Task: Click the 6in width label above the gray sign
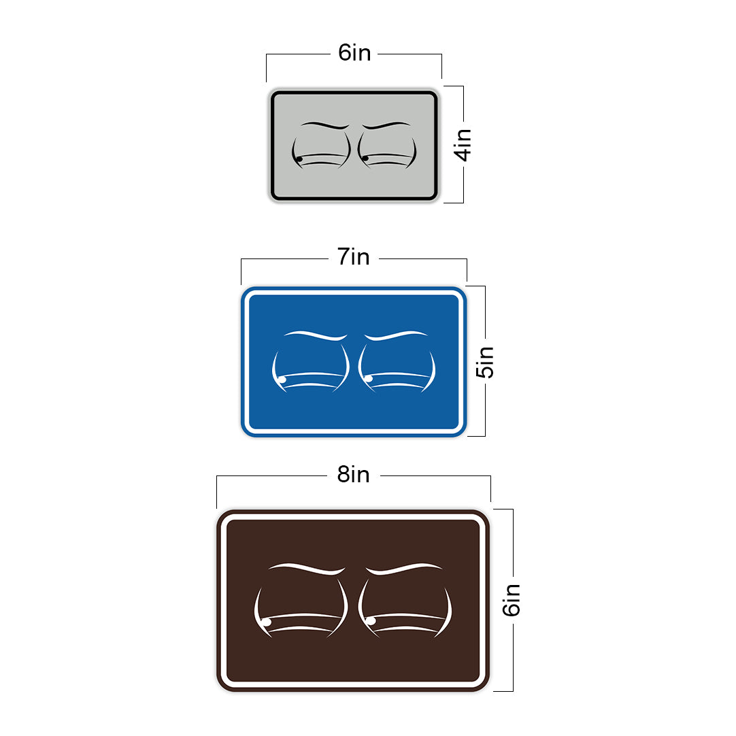(x=354, y=54)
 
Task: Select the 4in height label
(x=464, y=144)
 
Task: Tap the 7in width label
(x=354, y=258)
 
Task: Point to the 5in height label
(x=485, y=363)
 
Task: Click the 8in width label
(x=354, y=475)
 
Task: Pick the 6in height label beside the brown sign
(x=512, y=600)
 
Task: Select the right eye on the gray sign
(x=387, y=151)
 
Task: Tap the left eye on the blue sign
(x=310, y=369)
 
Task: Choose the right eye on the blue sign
(x=397, y=369)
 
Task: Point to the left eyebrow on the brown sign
(x=307, y=567)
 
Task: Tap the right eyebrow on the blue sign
(x=395, y=335)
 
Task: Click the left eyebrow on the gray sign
(x=325, y=125)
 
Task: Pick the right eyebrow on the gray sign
(x=386, y=125)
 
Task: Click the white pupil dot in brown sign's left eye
(x=267, y=622)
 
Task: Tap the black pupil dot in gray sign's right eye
(x=365, y=158)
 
